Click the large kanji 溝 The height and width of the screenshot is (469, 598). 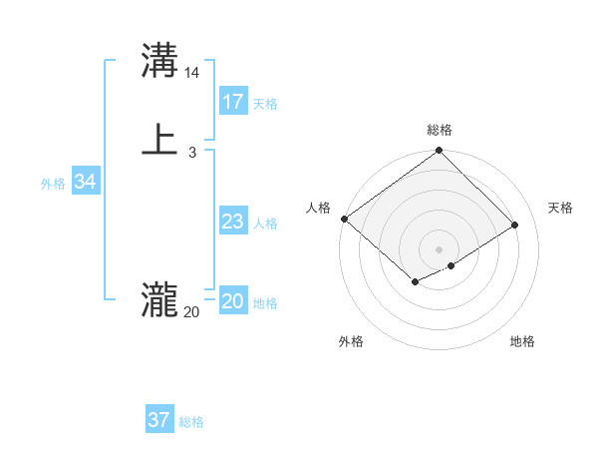[x=159, y=60]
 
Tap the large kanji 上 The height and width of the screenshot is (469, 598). [x=159, y=139]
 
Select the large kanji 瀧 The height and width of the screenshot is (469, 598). [x=159, y=298]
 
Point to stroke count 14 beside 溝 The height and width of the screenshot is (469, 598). [x=192, y=73]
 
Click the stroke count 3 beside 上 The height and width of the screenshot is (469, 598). [x=192, y=152]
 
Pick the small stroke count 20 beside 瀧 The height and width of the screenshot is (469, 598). [x=191, y=312]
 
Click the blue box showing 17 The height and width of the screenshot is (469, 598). [x=233, y=102]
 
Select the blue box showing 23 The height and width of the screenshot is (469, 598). [x=233, y=222]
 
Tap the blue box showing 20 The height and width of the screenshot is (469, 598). [x=233, y=301]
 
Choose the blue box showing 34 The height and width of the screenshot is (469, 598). [x=86, y=182]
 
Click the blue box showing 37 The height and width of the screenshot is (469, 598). [x=159, y=420]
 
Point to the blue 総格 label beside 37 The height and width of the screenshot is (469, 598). [x=191, y=422]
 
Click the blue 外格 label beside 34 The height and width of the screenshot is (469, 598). [x=53, y=184]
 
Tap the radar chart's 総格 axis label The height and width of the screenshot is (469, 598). [x=440, y=130]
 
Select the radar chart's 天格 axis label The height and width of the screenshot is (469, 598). [x=560, y=208]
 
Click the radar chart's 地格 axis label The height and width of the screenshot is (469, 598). [x=522, y=341]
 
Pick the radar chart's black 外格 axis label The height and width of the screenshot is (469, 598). [x=351, y=341]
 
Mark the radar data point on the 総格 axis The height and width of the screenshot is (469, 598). [x=439, y=151]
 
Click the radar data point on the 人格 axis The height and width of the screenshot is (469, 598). [x=344, y=219]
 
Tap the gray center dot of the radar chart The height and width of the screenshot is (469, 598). [x=439, y=248]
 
